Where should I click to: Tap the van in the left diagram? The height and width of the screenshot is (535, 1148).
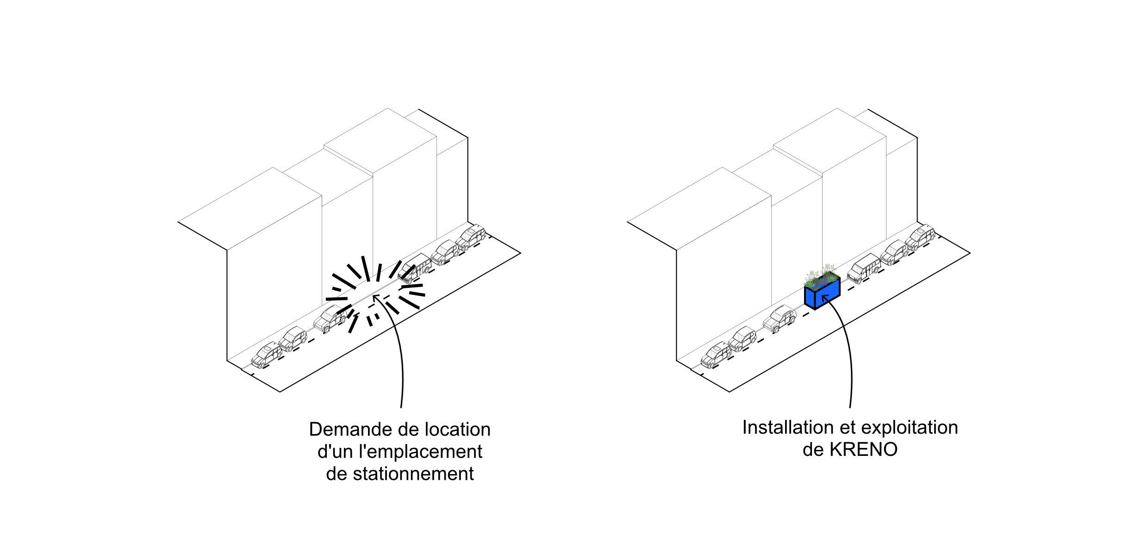point(414,267)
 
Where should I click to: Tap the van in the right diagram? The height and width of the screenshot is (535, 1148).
point(864,268)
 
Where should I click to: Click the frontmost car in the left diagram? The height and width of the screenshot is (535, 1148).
point(267,355)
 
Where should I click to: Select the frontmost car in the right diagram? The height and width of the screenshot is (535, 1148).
point(716,355)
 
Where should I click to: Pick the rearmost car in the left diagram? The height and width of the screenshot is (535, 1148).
point(471,237)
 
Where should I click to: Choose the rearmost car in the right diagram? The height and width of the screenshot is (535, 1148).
point(920,237)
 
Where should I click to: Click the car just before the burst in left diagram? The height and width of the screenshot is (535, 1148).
point(330,318)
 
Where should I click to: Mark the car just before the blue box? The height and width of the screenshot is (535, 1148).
point(779,318)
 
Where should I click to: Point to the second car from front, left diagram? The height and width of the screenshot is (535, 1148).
point(293,338)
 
